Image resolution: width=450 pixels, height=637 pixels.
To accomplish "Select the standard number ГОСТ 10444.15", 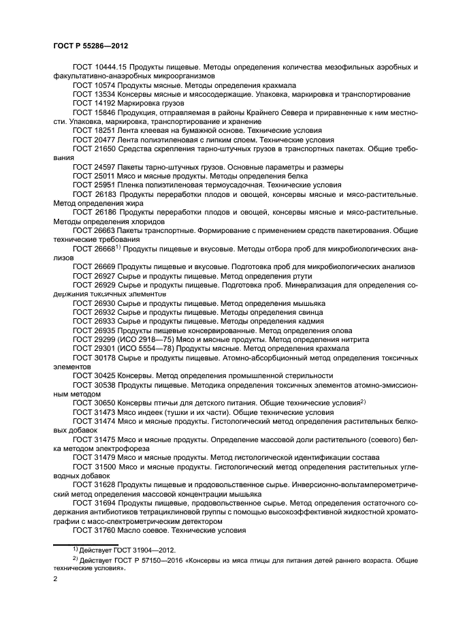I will pos(99,68).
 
